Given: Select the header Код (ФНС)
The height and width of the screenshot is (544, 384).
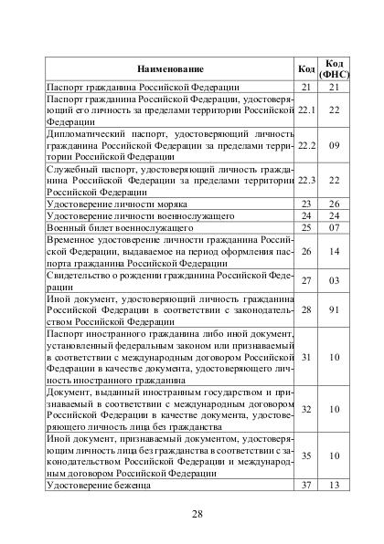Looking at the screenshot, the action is (334, 68).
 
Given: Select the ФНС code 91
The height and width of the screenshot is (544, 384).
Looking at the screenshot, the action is (334, 310).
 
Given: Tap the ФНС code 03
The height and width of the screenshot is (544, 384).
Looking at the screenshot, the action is (334, 281).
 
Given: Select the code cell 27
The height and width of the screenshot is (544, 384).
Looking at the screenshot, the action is (307, 281).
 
